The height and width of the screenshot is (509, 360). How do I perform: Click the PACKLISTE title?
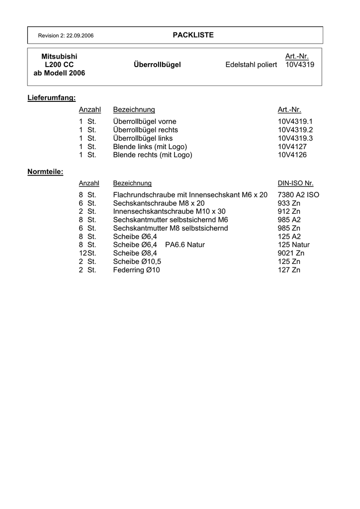[x=193, y=35]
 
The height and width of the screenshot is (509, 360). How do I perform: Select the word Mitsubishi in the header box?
[x=59, y=57]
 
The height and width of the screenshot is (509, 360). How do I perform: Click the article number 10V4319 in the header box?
[x=300, y=65]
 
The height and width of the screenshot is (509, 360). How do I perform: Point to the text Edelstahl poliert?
[x=251, y=65]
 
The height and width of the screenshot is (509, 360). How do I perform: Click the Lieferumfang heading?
[x=51, y=97]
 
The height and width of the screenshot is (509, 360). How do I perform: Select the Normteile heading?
[x=45, y=171]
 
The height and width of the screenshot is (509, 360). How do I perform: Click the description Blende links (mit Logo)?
[x=150, y=147]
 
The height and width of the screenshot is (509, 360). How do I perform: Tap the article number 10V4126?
[x=292, y=155]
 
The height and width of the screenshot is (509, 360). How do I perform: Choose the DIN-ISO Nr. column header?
[x=295, y=183]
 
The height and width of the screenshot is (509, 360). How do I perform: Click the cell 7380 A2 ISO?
[x=298, y=195]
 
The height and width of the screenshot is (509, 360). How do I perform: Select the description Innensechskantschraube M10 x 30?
[x=169, y=211]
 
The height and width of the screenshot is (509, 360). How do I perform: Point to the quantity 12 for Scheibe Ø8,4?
[x=83, y=253]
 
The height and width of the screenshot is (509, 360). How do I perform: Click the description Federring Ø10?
[x=137, y=270]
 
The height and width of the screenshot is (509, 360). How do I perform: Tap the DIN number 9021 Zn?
[x=291, y=253]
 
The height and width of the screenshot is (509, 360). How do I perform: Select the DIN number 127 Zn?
[x=289, y=270]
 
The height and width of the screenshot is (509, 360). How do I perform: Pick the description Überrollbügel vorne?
[x=145, y=121]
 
